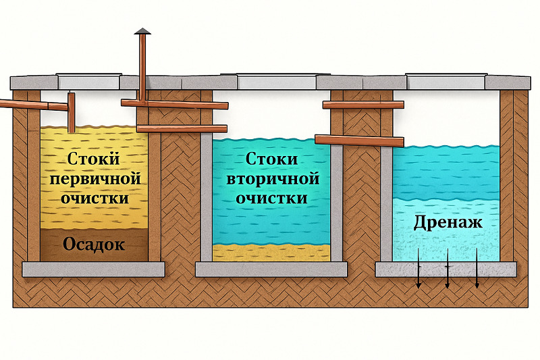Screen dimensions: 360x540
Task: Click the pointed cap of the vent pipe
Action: [142, 30]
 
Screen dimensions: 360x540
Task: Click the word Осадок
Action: [94, 245]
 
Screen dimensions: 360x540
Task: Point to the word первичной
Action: [94, 180]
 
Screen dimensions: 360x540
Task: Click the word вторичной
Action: [272, 180]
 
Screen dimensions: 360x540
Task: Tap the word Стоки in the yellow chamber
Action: [94, 160]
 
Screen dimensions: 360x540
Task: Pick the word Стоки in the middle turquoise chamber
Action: [273, 160]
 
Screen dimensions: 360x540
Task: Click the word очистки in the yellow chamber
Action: [94, 199]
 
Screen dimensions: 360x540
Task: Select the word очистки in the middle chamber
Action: [273, 199]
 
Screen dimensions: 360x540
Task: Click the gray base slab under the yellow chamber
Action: [94, 269]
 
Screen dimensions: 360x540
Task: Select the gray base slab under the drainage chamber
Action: [446, 269]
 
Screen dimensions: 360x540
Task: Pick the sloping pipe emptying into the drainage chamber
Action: [361, 140]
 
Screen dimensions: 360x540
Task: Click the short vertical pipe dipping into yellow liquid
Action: [71, 112]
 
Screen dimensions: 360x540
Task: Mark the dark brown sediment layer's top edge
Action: [94, 230]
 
